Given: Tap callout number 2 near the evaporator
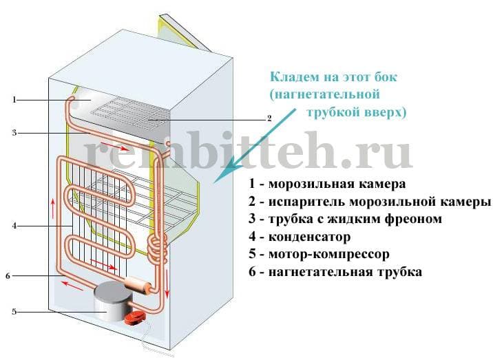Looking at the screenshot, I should point(269,118).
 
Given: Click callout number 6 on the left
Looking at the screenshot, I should point(8,276).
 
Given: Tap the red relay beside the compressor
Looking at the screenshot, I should point(134,317).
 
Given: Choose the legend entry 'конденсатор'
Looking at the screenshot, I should point(310,237).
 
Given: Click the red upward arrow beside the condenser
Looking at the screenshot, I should point(52,204).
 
